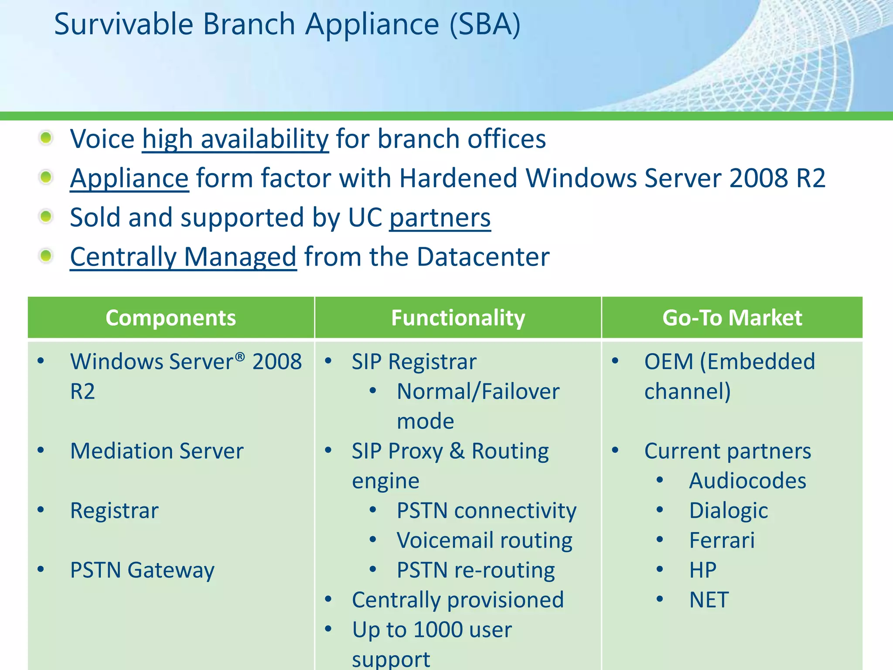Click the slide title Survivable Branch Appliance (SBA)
(x=287, y=24)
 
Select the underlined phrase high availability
(x=235, y=140)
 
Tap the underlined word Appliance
(x=130, y=178)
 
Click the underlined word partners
(x=440, y=218)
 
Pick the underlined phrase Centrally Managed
(x=183, y=257)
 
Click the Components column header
(x=170, y=318)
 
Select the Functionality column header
(x=458, y=318)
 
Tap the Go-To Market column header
(x=732, y=318)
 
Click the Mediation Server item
(x=157, y=451)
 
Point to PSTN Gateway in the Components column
(x=142, y=570)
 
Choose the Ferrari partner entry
(x=722, y=540)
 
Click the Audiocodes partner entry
(x=747, y=481)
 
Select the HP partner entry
(x=702, y=570)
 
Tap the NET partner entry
(x=709, y=600)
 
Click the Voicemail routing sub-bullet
(x=484, y=540)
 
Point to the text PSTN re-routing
(x=476, y=570)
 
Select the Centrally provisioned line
(x=458, y=600)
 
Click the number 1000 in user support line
(x=438, y=630)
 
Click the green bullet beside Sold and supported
(x=46, y=216)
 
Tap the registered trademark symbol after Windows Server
(x=240, y=357)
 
